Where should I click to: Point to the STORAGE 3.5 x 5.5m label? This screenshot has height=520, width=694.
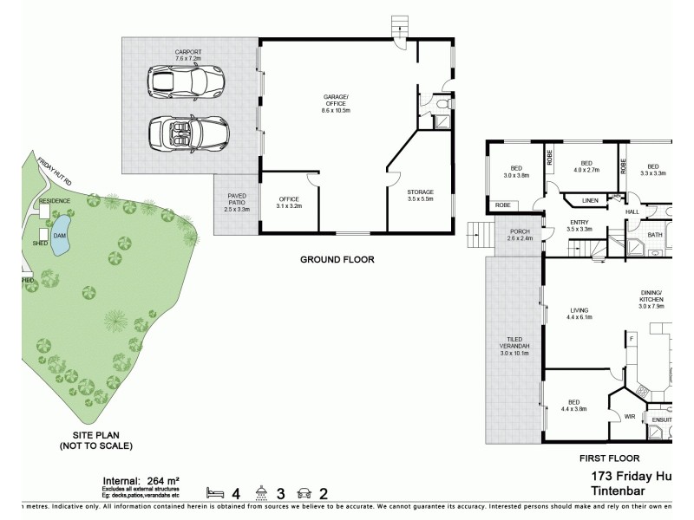click(420, 195)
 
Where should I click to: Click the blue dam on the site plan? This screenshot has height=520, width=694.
click(60, 240)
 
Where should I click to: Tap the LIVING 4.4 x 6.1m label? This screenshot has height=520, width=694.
click(579, 313)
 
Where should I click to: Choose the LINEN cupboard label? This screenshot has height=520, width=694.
click(590, 201)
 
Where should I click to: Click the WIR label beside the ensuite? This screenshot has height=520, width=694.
click(630, 417)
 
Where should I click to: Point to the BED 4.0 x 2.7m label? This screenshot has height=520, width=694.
click(586, 166)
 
